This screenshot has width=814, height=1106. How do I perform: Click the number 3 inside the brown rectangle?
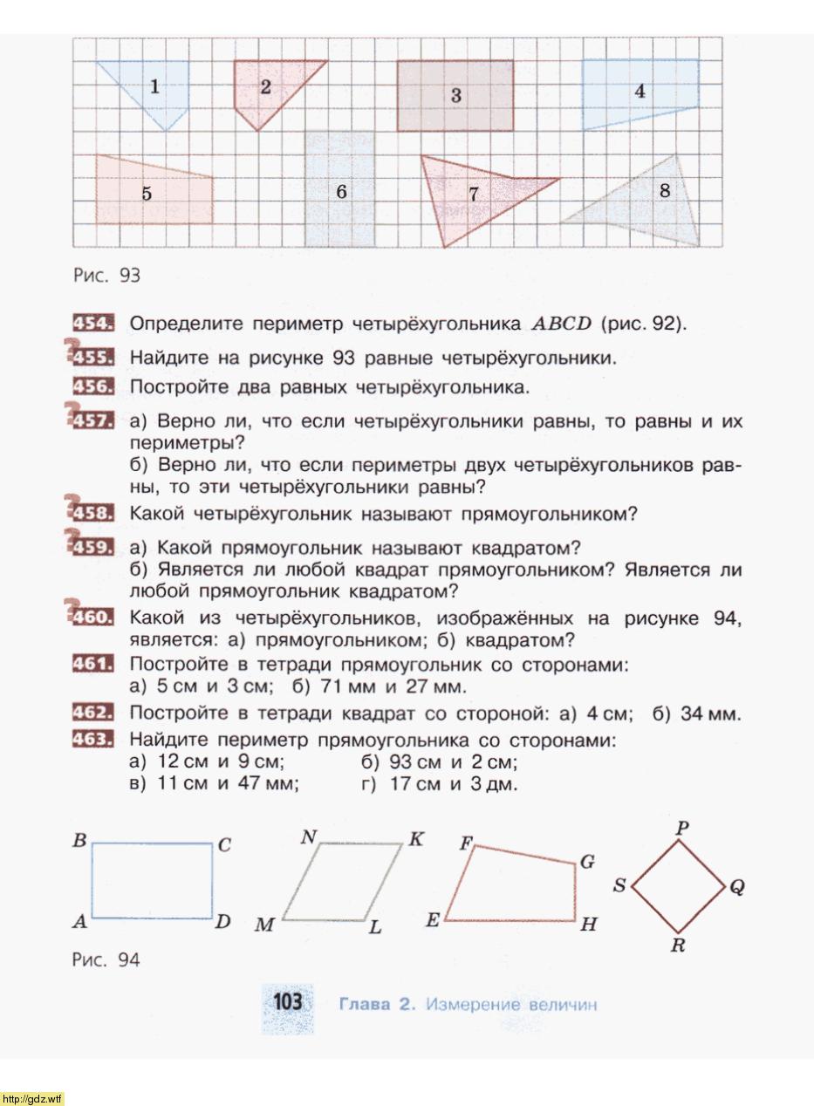[455, 95]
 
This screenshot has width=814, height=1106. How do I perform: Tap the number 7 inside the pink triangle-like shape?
[474, 194]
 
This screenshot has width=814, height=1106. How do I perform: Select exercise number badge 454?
[92, 324]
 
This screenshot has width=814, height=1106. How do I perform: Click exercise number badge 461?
[92, 665]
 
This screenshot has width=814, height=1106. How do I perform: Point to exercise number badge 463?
[92, 740]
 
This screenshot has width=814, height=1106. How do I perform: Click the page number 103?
[287, 1001]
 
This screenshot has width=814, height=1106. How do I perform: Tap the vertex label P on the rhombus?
[682, 827]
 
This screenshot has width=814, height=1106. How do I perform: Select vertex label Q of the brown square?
[737, 887]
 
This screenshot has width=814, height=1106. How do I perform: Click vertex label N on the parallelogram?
[309, 837]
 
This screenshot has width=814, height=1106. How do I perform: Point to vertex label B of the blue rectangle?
[79, 841]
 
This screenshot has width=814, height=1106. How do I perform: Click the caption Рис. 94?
[106, 960]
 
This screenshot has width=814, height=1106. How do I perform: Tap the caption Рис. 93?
[106, 276]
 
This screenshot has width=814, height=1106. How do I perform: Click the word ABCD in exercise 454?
[561, 324]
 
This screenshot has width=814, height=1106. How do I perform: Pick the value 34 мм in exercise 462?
[710, 714]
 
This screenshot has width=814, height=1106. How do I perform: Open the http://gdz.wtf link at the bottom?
[32, 1098]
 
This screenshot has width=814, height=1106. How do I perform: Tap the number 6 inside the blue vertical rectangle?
[341, 191]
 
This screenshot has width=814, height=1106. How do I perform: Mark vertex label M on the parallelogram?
[263, 925]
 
